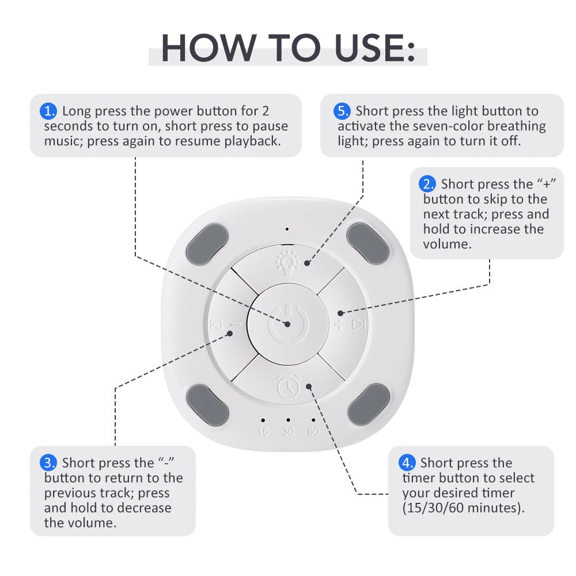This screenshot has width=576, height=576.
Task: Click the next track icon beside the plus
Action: point(359,324)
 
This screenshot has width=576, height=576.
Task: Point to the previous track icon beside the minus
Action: point(216,325)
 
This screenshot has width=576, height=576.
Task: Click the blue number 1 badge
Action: point(48,111)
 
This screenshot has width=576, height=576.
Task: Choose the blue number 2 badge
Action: point(427,184)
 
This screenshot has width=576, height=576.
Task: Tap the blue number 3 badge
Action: point(48,463)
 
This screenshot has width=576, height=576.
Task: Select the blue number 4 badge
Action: point(407,463)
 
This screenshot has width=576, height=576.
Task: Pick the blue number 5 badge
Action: point(343,111)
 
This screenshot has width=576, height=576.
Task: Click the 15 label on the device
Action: point(263,432)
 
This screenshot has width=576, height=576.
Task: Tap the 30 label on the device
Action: point(288,432)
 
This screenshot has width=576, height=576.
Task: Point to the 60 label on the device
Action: point(313,432)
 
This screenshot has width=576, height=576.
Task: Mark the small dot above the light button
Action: point(287,229)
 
